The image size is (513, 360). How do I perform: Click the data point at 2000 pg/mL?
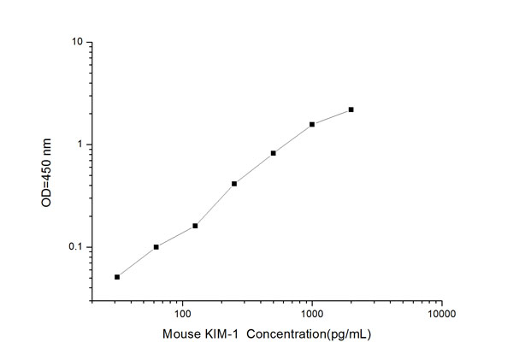[351, 109]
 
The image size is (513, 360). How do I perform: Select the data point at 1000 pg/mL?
[312, 124]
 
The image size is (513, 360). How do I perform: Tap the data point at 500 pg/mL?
[273, 153]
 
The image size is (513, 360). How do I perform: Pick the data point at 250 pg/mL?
[234, 183]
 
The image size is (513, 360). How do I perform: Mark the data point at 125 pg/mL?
[195, 226]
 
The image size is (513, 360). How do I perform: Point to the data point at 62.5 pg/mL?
[156, 247]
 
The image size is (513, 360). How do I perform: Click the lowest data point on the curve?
[117, 276]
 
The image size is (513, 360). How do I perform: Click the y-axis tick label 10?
[76, 42]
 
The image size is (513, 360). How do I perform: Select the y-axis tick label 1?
[79, 145]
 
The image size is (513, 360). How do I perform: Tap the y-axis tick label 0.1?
[74, 248]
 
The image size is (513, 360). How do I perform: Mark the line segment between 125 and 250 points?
[215, 204]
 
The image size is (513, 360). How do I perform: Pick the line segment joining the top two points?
[332, 116]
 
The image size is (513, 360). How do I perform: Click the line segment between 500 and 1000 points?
[292, 139]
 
